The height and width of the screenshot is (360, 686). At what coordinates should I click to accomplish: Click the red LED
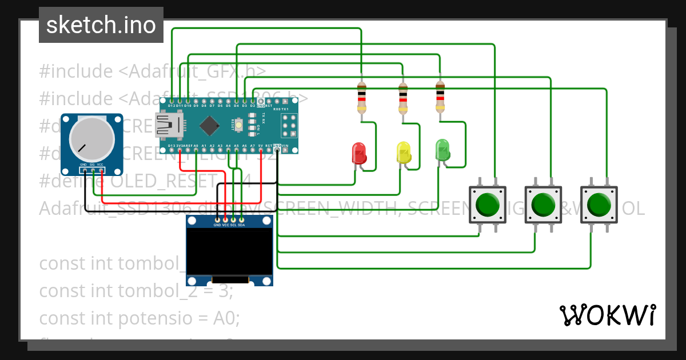click(x=359, y=153)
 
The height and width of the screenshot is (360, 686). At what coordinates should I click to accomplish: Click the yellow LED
click(x=404, y=153)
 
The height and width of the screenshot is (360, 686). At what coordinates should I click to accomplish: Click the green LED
click(x=442, y=149)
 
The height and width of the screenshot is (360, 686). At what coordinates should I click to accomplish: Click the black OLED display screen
click(x=229, y=251)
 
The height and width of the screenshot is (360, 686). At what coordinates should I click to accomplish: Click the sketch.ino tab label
click(x=101, y=25)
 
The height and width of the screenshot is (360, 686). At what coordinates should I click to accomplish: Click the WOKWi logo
click(x=607, y=315)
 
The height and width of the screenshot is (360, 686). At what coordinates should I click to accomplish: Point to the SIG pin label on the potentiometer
click(x=91, y=165)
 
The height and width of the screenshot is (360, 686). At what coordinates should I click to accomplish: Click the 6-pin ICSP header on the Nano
click(x=289, y=125)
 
